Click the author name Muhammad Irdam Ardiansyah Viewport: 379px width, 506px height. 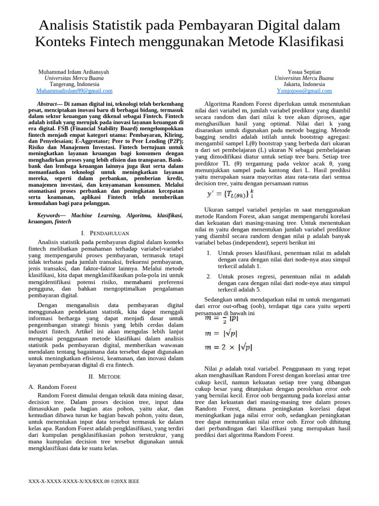click(74, 72)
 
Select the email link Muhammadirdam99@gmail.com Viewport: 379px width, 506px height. click(74, 91)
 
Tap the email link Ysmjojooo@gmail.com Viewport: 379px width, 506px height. click(304, 91)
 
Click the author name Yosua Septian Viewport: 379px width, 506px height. click(304, 72)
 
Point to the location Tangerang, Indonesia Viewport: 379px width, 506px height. click(74, 84)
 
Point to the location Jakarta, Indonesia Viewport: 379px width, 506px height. click(304, 84)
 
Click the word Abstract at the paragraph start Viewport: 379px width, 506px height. click(47, 104)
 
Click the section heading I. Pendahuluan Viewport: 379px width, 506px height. click(105, 233)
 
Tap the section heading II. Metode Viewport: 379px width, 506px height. click(105, 376)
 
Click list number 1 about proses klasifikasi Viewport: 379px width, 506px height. click(209, 253)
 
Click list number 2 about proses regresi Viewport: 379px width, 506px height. click(209, 277)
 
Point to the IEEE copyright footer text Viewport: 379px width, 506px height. click(83, 480)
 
